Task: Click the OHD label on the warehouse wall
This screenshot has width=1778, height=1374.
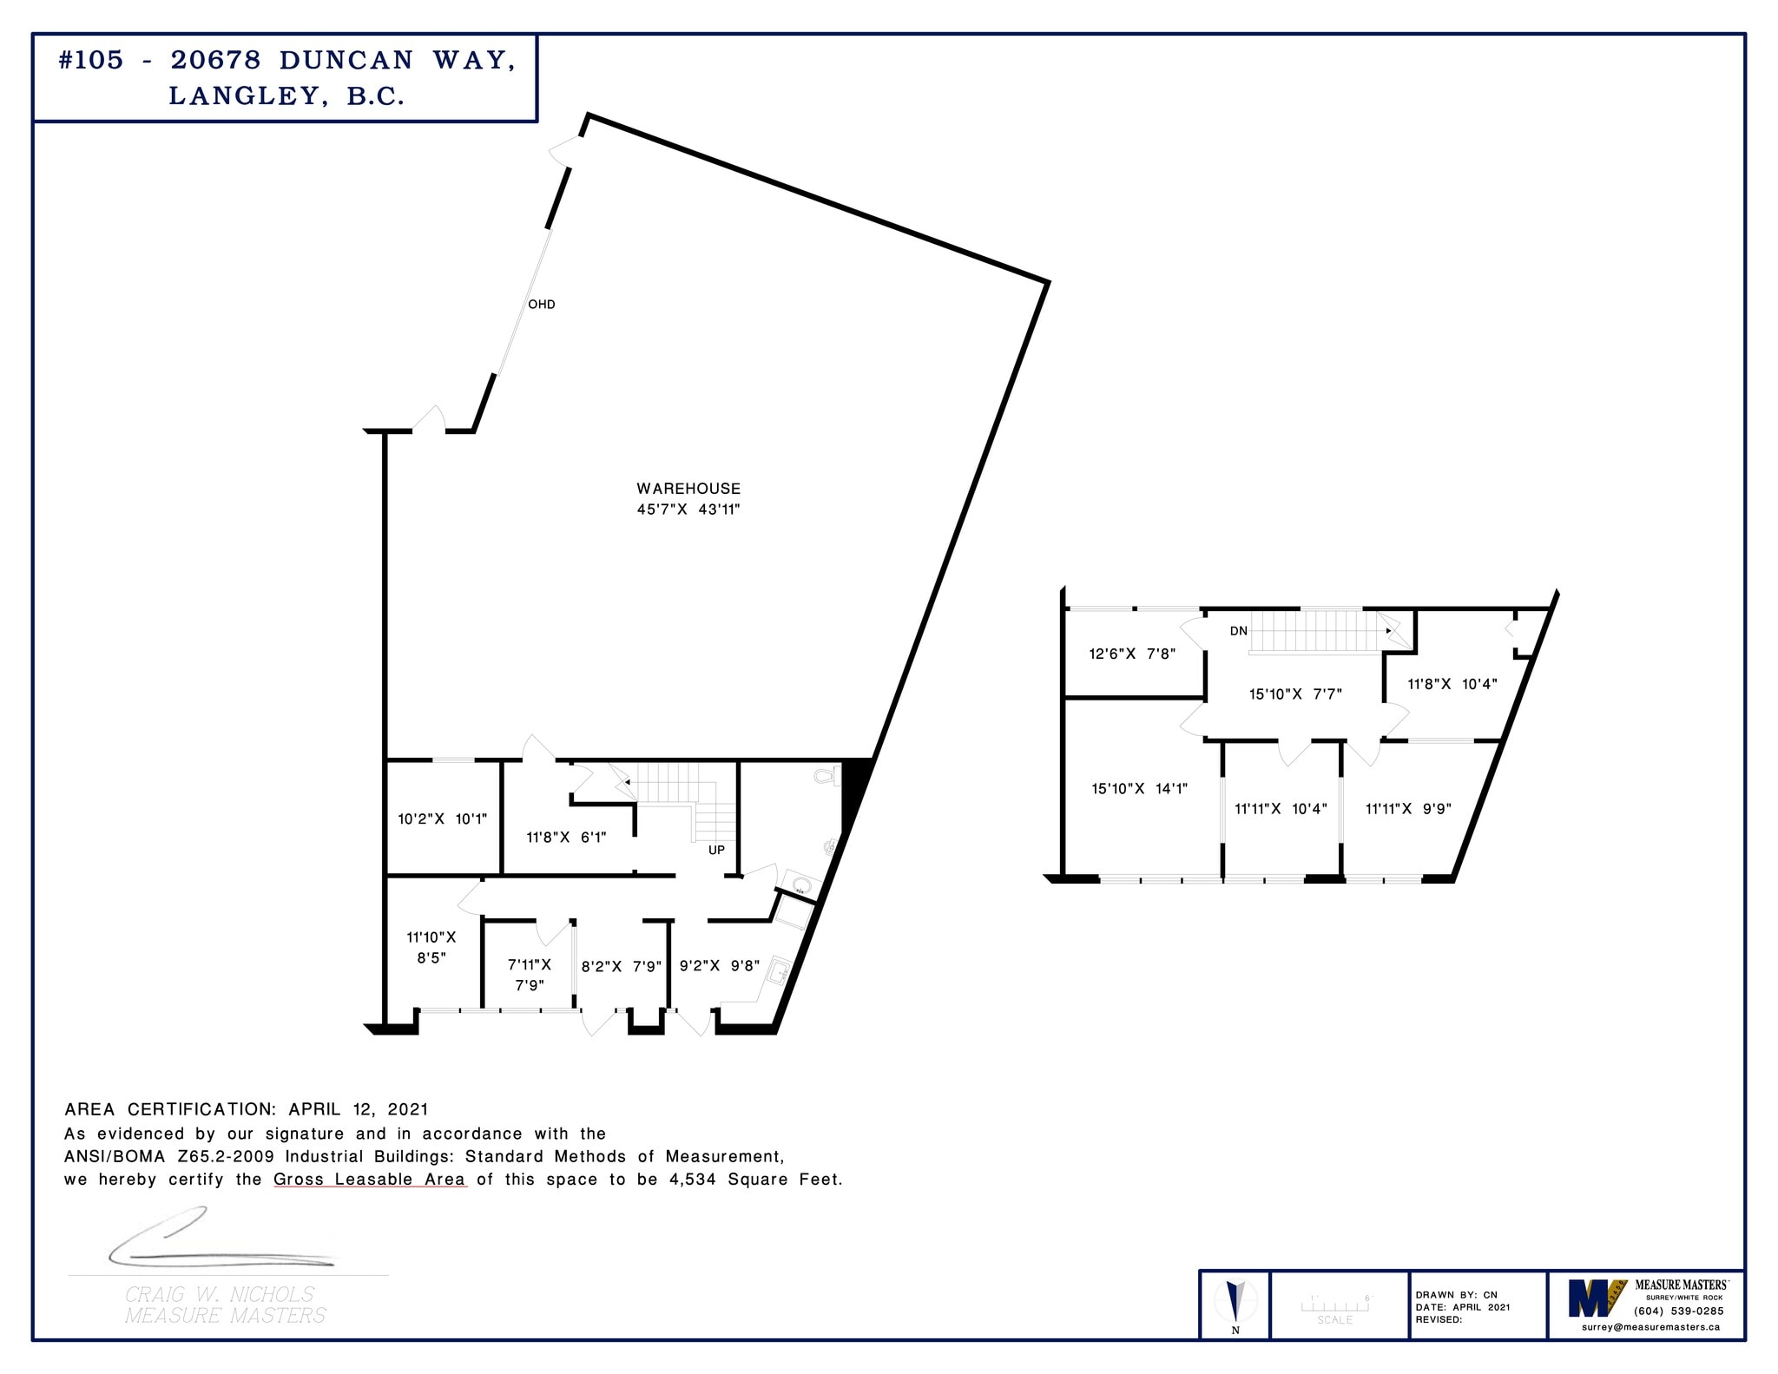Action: coord(541,305)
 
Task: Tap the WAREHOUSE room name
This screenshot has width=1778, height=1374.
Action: coord(688,489)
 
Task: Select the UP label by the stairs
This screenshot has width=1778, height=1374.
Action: coord(716,850)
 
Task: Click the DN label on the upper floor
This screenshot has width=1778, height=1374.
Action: coord(1239,631)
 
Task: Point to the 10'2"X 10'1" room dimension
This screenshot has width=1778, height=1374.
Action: coord(443,818)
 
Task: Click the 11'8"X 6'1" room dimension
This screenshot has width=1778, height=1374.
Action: coord(566,838)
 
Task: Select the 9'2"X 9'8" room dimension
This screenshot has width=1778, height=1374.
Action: coord(720,966)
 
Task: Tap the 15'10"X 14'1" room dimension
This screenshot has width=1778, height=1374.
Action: coord(1140,789)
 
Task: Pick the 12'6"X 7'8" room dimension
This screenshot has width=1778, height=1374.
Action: coord(1133,654)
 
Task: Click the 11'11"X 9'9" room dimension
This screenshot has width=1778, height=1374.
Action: coord(1408,809)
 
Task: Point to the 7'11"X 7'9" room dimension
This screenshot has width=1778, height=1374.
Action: coord(530,975)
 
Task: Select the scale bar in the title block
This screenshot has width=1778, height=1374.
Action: coord(1334,1305)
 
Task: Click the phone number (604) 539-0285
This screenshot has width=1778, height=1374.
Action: coord(1678,1311)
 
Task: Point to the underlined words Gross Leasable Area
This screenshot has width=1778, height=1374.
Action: coord(370,1180)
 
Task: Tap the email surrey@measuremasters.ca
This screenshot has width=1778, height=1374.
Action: coord(1650,1326)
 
